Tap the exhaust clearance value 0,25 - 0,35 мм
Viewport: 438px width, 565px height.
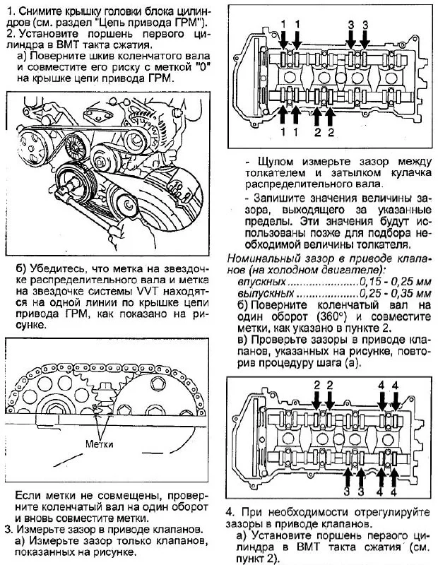[x=392, y=292]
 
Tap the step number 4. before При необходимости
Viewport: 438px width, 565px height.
[x=230, y=511]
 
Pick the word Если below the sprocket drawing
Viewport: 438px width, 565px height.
[x=28, y=495]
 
